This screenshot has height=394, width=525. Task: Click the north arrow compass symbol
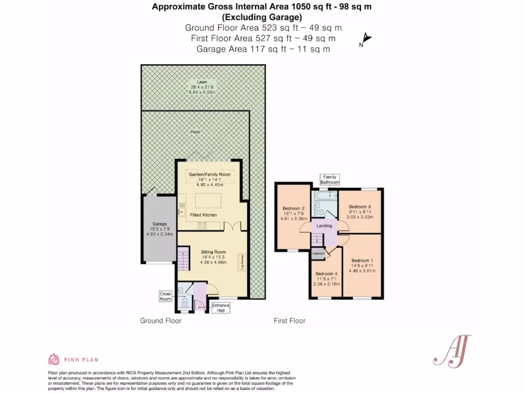(x=366, y=39)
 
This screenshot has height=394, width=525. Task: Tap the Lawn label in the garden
(x=203, y=82)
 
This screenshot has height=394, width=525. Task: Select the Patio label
(x=195, y=132)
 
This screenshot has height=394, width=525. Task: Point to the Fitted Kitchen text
(x=204, y=214)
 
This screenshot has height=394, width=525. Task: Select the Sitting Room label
(x=213, y=252)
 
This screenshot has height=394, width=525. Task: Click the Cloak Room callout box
(x=166, y=296)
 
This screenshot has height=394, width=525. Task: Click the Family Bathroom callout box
(x=330, y=180)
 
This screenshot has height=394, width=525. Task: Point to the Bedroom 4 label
(x=326, y=273)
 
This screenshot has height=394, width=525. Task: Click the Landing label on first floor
(x=324, y=226)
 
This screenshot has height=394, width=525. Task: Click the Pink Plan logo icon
(x=54, y=359)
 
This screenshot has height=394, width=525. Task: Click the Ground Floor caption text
(x=160, y=321)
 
